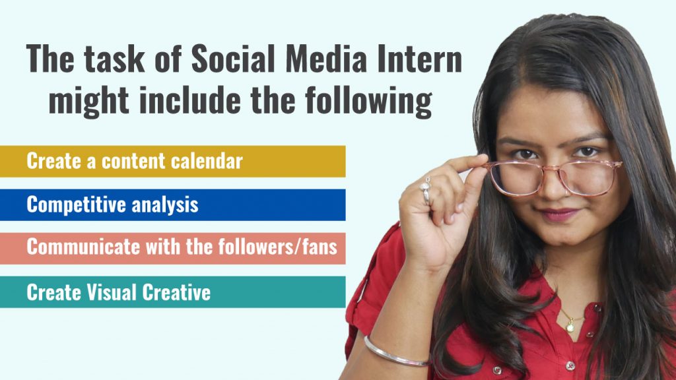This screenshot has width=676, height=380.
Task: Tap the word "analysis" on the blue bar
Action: [x=165, y=205]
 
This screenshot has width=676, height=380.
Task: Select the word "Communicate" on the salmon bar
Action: [x=83, y=247]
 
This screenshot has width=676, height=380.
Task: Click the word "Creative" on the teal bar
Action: [x=178, y=292]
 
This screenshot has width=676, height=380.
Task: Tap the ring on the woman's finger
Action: [x=426, y=191]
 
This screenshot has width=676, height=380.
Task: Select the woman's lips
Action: [x=560, y=215]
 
